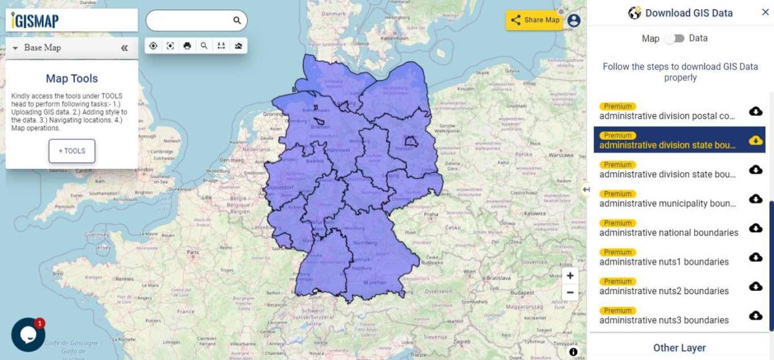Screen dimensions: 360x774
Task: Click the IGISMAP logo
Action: click(35, 21)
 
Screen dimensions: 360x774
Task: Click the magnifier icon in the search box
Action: click(237, 21)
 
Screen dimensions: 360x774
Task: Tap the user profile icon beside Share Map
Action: click(573, 20)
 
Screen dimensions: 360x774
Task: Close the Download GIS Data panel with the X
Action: click(765, 12)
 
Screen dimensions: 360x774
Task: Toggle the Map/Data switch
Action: click(674, 39)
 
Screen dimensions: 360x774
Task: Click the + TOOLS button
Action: click(72, 151)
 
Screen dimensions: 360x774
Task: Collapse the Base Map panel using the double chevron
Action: click(124, 48)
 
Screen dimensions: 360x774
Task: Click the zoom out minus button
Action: click(570, 292)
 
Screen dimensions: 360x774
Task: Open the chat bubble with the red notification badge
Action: click(28, 335)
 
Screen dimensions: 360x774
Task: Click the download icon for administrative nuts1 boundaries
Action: click(755, 257)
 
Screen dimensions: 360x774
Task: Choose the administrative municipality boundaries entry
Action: click(667, 203)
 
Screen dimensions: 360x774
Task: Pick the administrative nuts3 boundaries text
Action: click(664, 320)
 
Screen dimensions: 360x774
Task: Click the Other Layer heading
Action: click(679, 348)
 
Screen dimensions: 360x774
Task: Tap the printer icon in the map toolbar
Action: click(187, 46)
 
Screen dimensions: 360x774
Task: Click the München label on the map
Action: click(374, 283)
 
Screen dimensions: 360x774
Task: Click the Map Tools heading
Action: click(72, 79)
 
